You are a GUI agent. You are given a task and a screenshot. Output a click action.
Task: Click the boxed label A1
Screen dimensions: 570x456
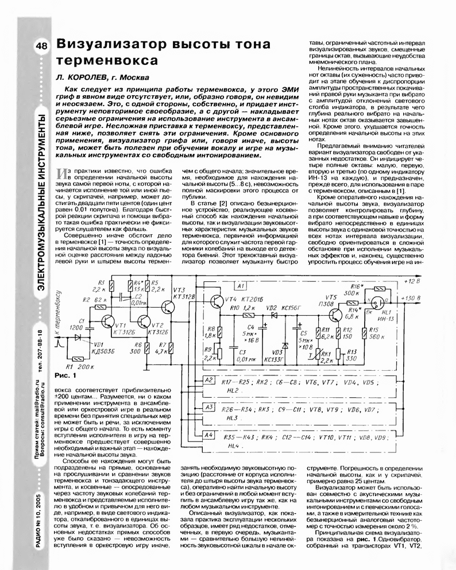coord(240,285)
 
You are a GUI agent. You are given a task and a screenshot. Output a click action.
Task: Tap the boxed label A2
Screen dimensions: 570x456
coord(208,381)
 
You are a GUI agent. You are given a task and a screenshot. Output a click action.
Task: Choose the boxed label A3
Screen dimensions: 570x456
coord(208,407)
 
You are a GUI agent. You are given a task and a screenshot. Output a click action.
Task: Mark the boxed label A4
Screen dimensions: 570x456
coord(208,435)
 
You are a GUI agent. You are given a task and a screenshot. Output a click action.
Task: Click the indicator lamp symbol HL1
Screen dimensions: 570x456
coord(377,303)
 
